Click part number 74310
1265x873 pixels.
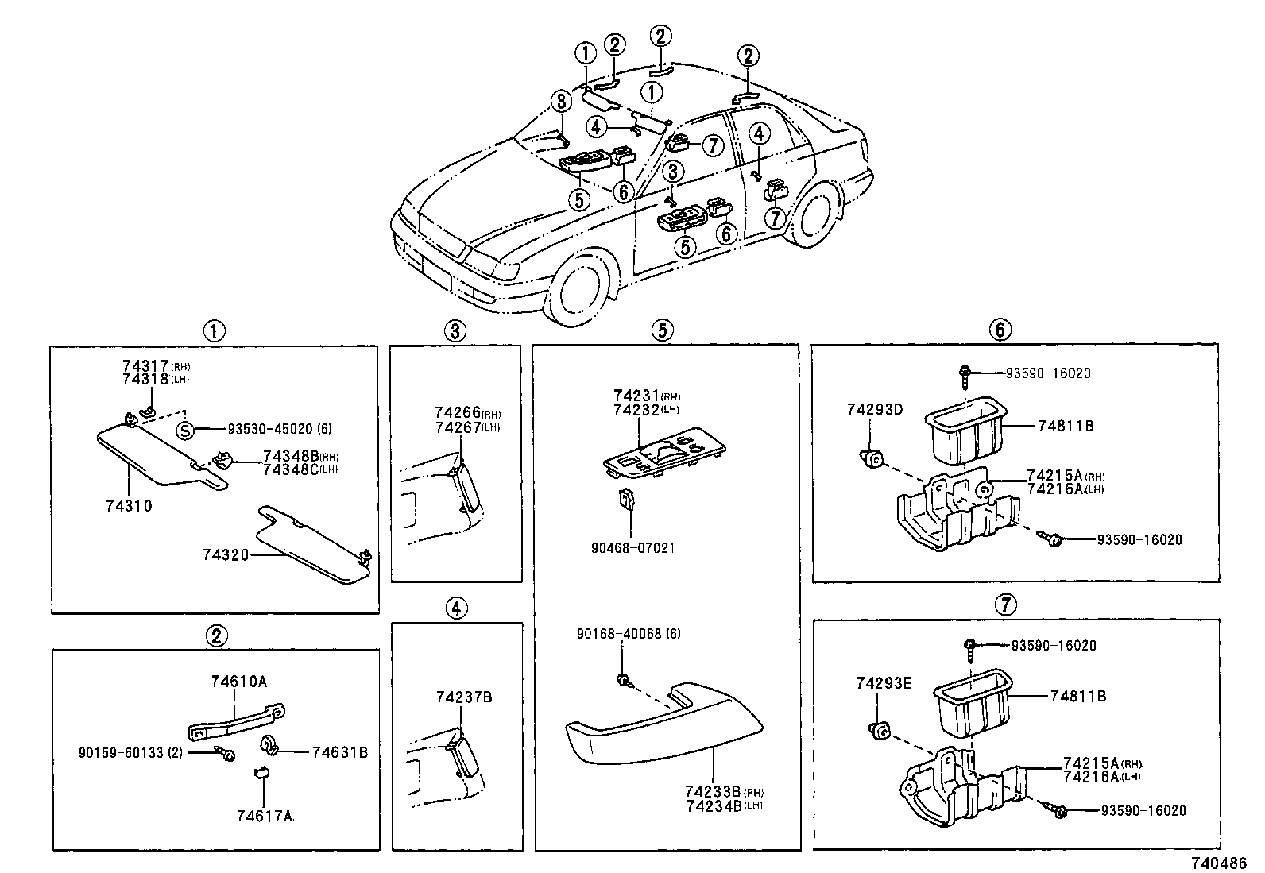[128, 506]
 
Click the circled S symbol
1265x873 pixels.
[184, 431]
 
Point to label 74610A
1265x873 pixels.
[239, 682]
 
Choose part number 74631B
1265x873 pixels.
[339, 751]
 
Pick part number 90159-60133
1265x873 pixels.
[122, 751]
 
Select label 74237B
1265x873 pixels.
[464, 697]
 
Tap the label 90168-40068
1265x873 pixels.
[618, 634]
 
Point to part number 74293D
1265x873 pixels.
[874, 410]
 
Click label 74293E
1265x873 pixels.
[884, 683]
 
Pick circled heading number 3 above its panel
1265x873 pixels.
[455, 331]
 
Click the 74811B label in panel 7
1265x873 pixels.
[1078, 696]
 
